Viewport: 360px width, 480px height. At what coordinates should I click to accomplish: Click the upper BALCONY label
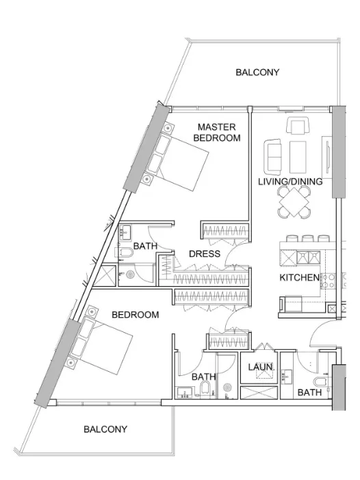pos(257,72)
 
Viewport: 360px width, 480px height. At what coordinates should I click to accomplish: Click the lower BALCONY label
pos(105,429)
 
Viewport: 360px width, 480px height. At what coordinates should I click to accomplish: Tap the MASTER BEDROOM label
pos(217,132)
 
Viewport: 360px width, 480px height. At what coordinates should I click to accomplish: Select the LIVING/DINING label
pos(290,182)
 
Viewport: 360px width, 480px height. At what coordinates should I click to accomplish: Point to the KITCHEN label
pos(300,277)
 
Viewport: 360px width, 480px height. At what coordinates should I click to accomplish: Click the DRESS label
pos(205,254)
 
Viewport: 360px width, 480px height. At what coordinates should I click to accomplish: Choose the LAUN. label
pos(260,368)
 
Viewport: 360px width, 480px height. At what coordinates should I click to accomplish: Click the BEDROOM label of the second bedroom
pos(136,315)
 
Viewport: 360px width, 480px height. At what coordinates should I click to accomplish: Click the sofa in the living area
pos(274,157)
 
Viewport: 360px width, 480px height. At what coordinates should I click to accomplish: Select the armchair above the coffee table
pos(298,126)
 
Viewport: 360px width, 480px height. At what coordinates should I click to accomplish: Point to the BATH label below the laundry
pos(309,393)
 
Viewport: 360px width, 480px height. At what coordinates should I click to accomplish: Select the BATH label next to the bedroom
pos(203,377)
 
